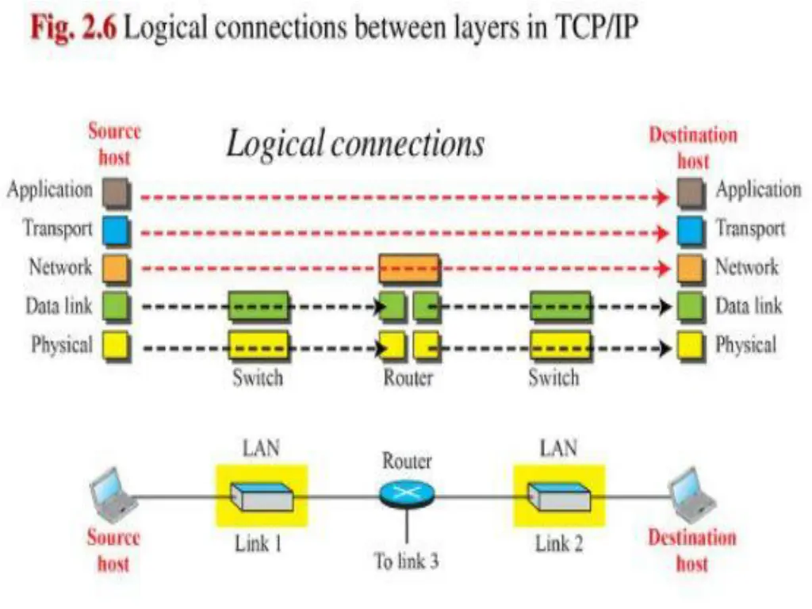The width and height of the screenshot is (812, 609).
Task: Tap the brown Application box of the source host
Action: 117,193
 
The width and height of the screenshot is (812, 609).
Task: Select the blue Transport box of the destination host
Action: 691,231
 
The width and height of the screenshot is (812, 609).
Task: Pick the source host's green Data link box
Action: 117,307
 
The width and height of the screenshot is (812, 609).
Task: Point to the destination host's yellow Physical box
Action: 691,347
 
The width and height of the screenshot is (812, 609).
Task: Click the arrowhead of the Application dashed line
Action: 662,197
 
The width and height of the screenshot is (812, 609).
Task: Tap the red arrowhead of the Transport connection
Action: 662,232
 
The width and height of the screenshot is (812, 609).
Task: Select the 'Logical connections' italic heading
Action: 356,144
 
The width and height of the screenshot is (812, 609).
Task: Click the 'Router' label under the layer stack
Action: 408,377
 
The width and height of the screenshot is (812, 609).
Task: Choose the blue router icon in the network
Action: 407,494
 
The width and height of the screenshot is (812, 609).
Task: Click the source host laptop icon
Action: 113,495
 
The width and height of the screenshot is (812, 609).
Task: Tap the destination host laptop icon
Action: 693,495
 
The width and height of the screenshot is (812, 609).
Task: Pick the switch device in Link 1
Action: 262,496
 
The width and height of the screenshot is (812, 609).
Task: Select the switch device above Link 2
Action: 559,496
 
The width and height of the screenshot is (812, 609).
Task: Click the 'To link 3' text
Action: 407,561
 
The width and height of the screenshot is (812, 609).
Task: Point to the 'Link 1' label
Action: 258,544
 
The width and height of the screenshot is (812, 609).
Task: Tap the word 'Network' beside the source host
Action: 60,267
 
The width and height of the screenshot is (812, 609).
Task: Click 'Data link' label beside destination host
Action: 749,306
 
